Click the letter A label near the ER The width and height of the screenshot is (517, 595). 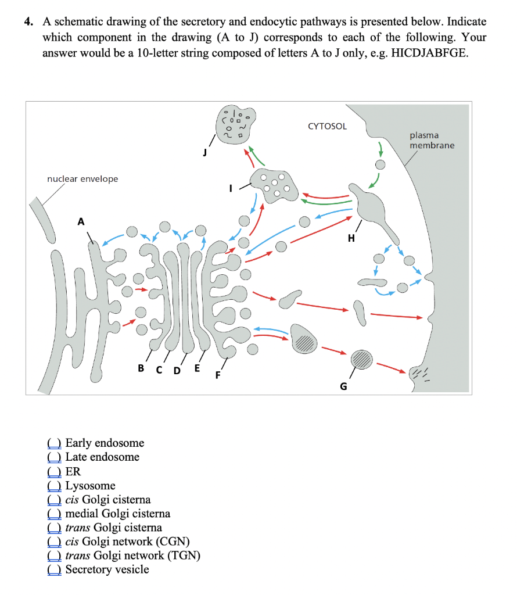81,221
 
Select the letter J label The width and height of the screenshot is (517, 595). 204,153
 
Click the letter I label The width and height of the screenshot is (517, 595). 231,188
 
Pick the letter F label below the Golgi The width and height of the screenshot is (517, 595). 218,375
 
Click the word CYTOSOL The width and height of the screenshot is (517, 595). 327,126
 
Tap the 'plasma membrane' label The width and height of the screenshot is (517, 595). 432,140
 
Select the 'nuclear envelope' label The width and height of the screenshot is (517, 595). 82,179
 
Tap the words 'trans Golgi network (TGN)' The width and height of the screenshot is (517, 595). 133,555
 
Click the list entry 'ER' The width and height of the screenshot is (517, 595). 73,471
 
